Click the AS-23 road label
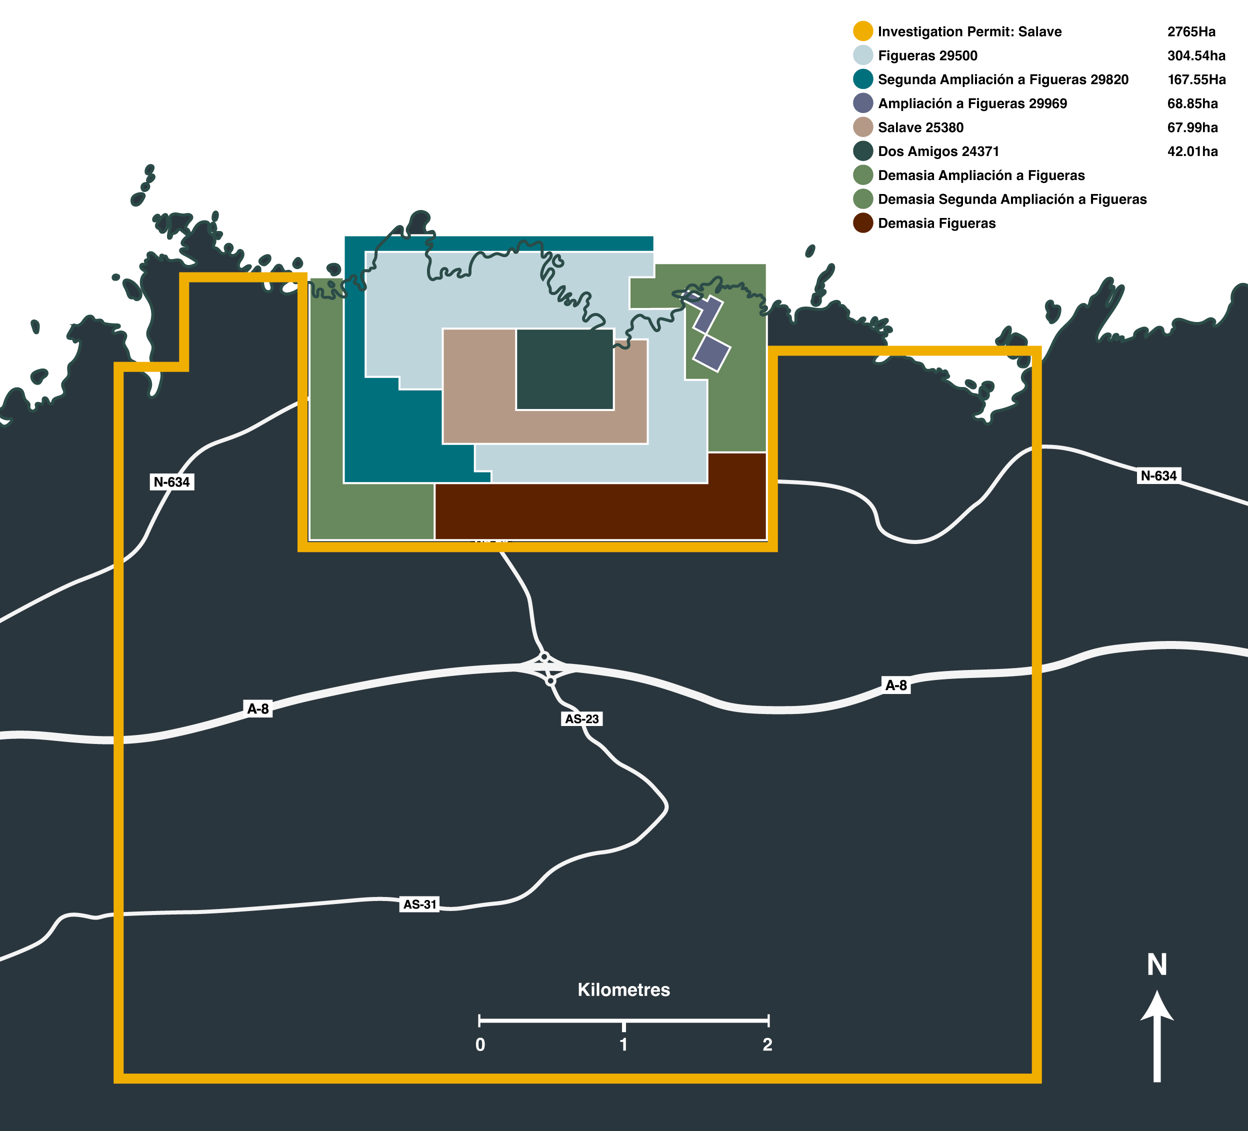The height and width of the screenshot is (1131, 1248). pos(582,718)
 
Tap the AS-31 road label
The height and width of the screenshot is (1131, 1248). pos(419,904)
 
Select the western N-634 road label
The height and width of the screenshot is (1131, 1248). pos(172,481)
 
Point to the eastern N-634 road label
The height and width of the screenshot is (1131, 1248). pos(1158,475)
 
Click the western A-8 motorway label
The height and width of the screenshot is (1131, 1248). pos(258,709)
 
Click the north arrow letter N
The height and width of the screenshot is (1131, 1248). pos(1157,965)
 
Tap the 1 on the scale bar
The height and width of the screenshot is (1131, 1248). pos(623,1044)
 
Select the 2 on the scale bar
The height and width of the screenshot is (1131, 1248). pos(767,1044)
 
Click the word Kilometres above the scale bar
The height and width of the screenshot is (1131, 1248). pos(623,990)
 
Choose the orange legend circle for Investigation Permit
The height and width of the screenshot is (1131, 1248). pos(863,31)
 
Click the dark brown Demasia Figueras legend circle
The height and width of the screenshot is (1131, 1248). pos(863,223)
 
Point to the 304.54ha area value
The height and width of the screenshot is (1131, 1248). pos(1196,55)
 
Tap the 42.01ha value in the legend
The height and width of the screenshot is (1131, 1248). pos(1192,151)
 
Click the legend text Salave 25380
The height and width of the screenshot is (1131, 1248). pos(920,127)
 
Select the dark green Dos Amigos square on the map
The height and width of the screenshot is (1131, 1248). pos(564,369)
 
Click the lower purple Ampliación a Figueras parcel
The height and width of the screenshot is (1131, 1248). pos(712,353)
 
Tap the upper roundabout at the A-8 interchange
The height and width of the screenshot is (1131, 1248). pos(544,656)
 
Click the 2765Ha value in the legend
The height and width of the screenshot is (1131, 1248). pos(1191,31)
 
